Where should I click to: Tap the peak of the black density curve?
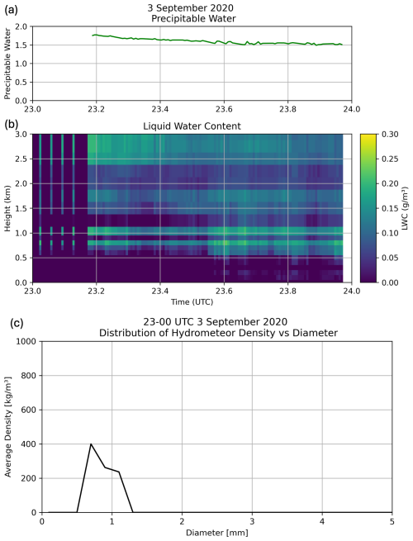tap(91, 444)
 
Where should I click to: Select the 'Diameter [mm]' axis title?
tap(216, 534)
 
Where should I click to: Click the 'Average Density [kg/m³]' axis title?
tap(9, 427)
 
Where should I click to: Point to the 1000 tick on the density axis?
tap(26, 340)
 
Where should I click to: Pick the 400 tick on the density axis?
tap(28, 444)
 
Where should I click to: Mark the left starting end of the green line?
tap(93, 36)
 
